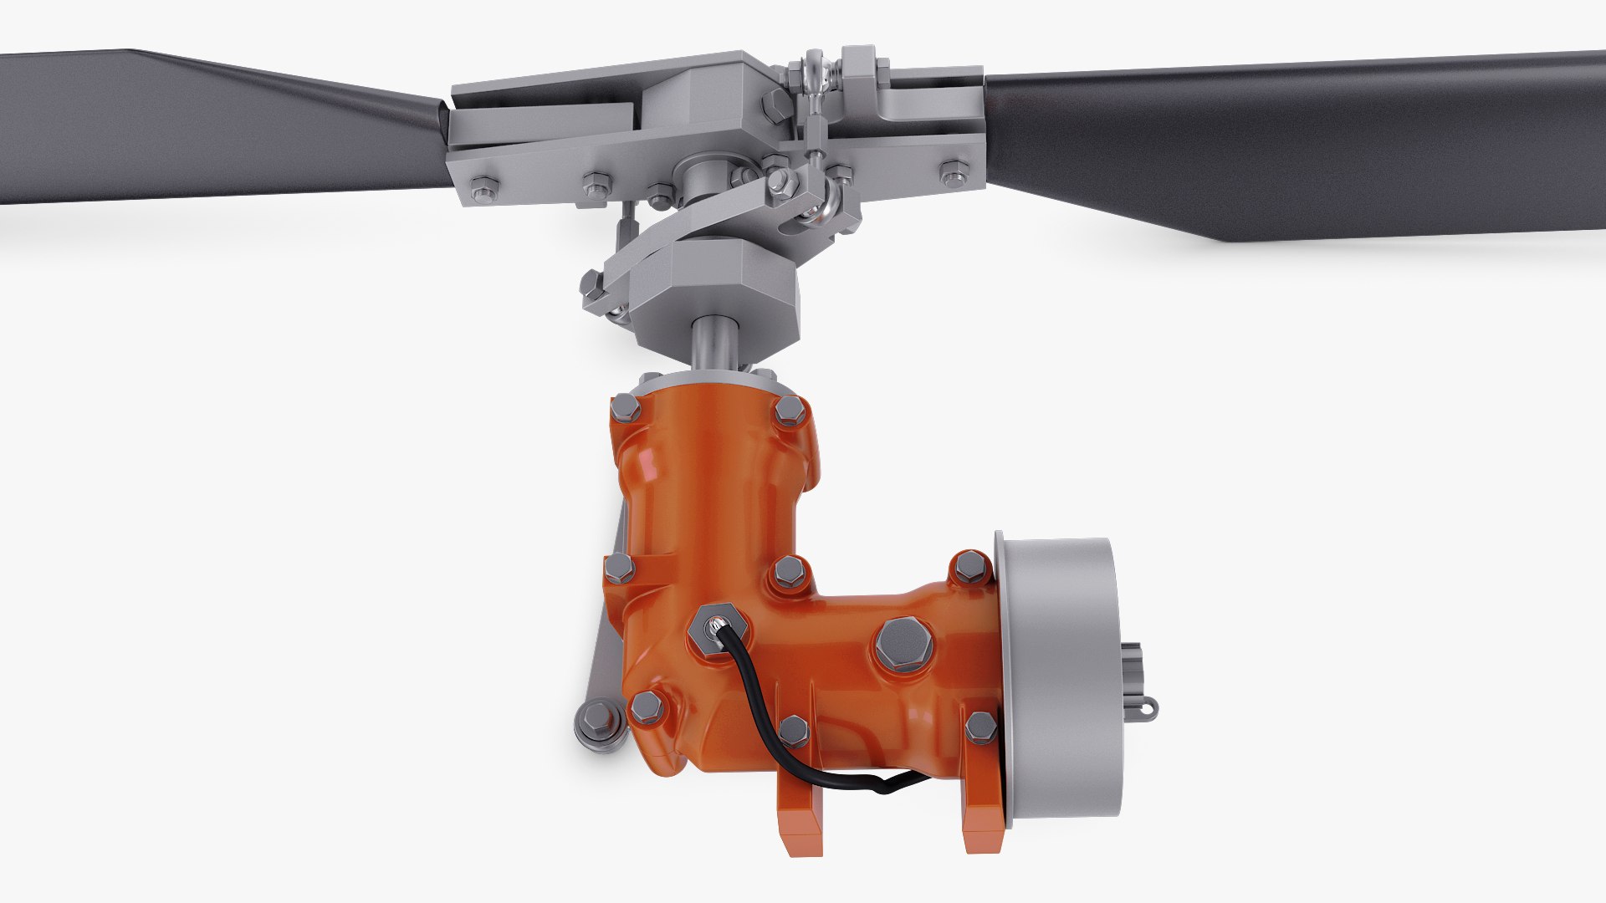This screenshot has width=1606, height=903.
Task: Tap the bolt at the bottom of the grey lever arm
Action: point(595,721)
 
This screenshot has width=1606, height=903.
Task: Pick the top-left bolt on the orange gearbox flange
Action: point(627,410)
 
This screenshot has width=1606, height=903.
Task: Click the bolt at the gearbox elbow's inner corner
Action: point(789,572)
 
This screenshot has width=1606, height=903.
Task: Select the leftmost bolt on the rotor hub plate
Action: point(483,188)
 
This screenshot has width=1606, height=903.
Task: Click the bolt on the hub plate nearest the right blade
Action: point(953,175)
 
